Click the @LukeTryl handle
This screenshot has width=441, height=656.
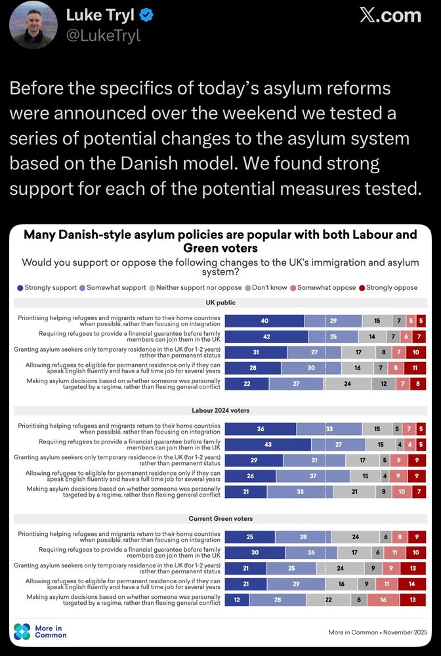click(x=104, y=35)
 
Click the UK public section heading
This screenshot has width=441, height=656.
click(x=220, y=302)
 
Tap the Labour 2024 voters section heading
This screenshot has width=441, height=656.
click(x=220, y=411)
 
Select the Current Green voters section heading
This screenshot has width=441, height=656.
click(x=220, y=519)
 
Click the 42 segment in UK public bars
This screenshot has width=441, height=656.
click(x=266, y=337)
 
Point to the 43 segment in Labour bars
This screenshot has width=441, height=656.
click(x=268, y=445)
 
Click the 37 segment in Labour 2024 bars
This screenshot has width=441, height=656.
click(x=313, y=476)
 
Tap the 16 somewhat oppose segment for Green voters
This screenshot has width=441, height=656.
click(x=381, y=600)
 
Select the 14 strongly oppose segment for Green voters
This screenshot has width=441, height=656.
click(x=411, y=584)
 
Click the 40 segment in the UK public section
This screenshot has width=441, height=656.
click(x=264, y=321)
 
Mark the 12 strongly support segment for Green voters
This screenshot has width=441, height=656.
click(x=237, y=600)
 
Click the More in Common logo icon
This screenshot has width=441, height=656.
click(x=22, y=631)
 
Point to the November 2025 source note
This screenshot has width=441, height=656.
click(x=378, y=632)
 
